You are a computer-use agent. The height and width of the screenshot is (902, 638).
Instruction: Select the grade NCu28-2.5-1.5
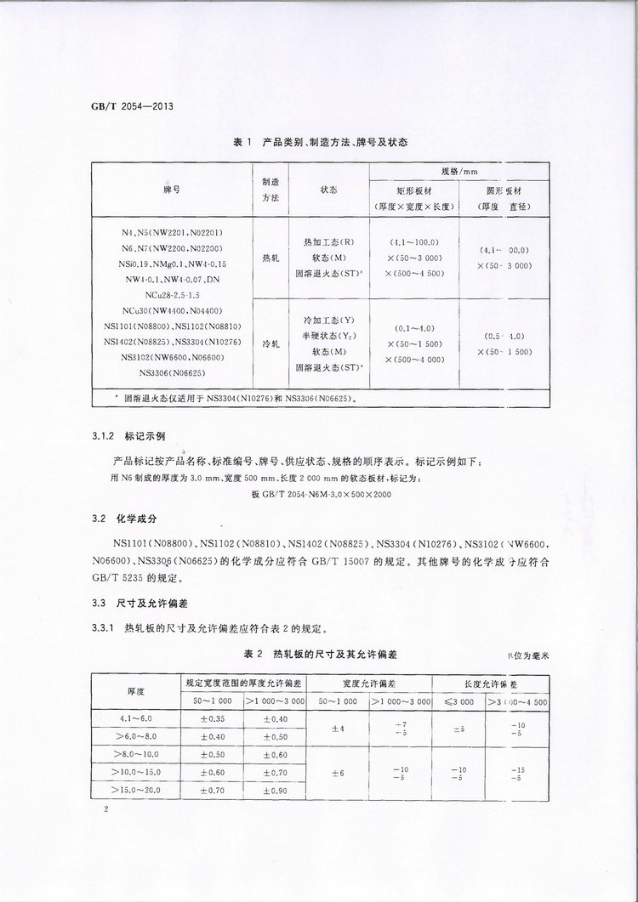pos(172,293)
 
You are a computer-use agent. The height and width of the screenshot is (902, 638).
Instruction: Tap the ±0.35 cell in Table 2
pos(213,719)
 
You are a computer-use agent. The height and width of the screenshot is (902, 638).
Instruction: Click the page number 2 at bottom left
pos(105,810)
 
